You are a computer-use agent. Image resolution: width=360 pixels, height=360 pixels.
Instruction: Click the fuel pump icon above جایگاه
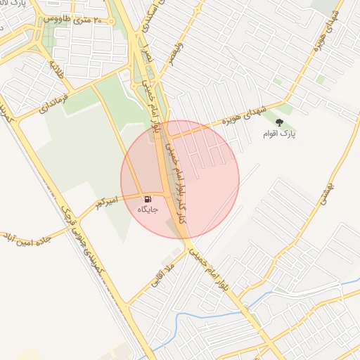tap(148, 200)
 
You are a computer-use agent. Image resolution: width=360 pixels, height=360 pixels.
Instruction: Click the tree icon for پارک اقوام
tap(279, 122)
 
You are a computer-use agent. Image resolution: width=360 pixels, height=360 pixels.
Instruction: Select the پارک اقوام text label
tap(279, 134)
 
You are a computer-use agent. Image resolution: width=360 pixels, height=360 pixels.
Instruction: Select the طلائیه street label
tap(56, 70)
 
